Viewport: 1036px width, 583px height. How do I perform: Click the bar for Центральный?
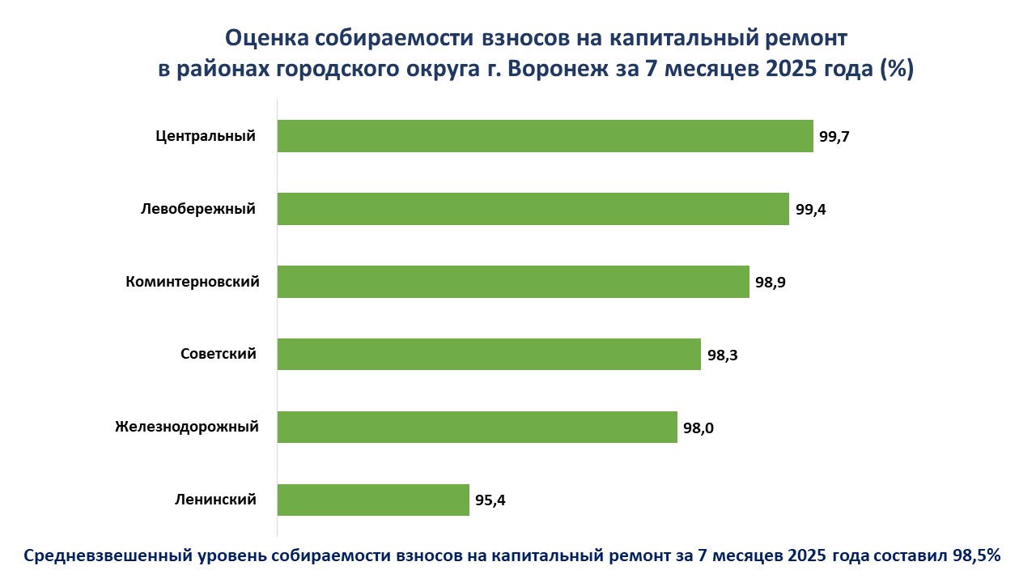pos(545,136)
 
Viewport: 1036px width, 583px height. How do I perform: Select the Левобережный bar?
pos(533,209)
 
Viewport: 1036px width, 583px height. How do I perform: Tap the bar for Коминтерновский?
pos(513,282)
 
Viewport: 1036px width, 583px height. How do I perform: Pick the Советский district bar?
pos(489,354)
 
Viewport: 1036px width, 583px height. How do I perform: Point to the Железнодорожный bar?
pos(477,427)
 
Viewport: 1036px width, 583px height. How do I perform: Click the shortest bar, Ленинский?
pos(373,500)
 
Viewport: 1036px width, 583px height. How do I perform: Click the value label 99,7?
pos(834,136)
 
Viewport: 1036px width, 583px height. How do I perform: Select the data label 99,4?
pos(810,209)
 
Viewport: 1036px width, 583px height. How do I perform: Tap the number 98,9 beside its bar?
pos(771,282)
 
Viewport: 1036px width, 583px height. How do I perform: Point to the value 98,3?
pos(722,354)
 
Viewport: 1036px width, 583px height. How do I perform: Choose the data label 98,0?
pos(698,427)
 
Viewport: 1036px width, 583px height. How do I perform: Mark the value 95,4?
pos(490,500)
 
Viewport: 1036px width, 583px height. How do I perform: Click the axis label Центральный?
pos(206,136)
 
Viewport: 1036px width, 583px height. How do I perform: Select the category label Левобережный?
pos(197,209)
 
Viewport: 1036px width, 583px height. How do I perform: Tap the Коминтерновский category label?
pos(193,282)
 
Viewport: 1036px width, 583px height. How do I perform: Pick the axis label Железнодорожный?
pos(187,427)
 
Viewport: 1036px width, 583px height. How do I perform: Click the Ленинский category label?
pos(215,500)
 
